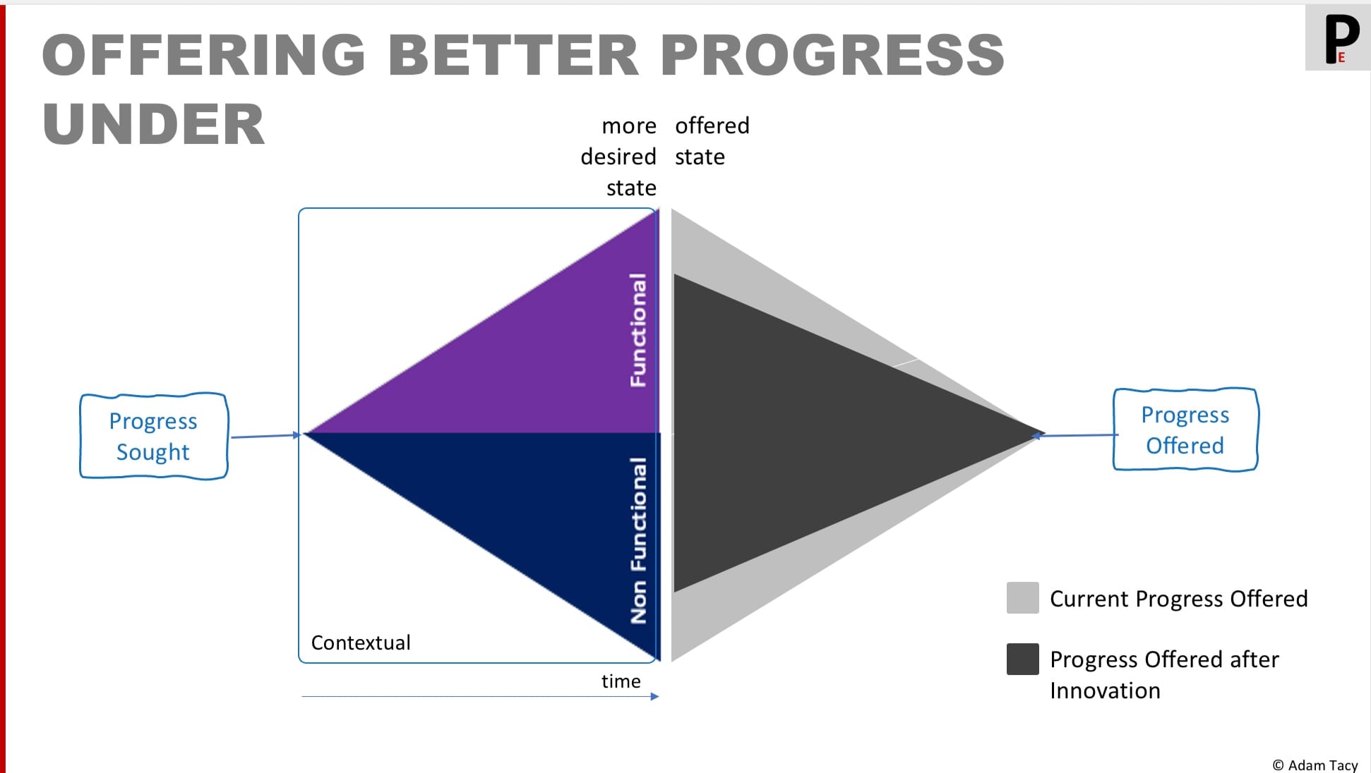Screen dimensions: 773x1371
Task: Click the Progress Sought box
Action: pos(153,437)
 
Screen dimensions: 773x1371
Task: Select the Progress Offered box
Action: pos(1185,430)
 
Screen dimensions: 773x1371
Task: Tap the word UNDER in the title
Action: pos(153,125)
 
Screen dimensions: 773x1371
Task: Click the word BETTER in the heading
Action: pos(513,55)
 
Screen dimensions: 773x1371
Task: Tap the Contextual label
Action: pos(360,643)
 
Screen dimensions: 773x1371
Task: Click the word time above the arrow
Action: pos(621,681)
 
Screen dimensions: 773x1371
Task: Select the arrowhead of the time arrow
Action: pos(654,697)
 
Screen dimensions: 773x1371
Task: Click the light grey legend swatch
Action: pos(1022,598)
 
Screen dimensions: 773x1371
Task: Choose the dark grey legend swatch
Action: pos(1022,659)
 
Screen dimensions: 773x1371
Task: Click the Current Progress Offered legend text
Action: pos(1178,599)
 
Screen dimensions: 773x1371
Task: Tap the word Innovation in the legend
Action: pos(1105,690)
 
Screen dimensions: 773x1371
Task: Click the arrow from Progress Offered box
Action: pos(1077,435)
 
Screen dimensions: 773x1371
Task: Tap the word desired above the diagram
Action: pos(618,157)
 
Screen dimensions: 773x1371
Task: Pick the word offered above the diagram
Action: pos(712,126)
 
